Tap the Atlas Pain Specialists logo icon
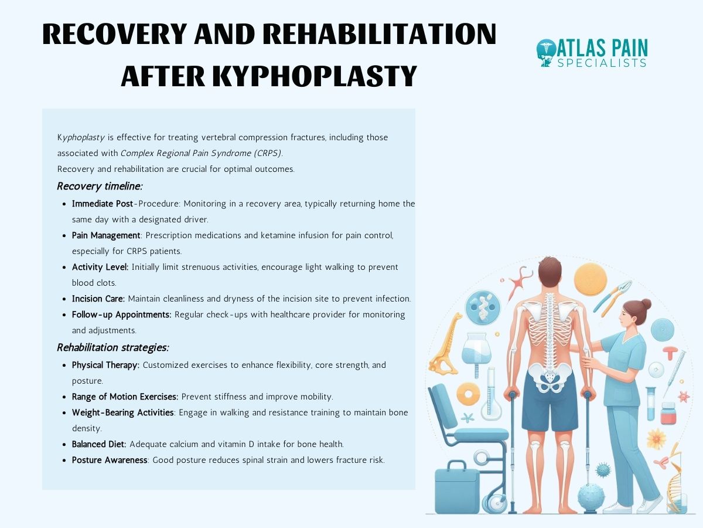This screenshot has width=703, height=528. click(547, 53)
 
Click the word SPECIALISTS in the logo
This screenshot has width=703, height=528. click(602, 63)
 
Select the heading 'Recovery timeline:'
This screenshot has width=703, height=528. click(100, 186)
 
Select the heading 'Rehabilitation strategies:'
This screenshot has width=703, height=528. click(112, 347)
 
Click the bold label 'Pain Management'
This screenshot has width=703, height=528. click(106, 235)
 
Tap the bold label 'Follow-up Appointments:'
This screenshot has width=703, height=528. click(121, 314)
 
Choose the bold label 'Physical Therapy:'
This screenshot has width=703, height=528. click(105, 365)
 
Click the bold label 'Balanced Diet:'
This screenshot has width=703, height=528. click(99, 444)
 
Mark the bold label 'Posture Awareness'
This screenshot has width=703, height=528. click(110, 460)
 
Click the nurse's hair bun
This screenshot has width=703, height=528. click(646, 304)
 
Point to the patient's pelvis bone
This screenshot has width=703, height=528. click(549, 375)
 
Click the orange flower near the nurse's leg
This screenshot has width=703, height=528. click(656, 438)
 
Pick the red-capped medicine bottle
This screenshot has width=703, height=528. click(668, 413)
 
